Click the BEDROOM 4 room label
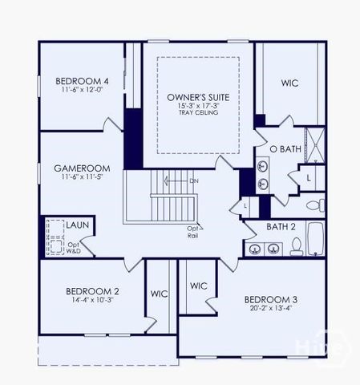point(82,81)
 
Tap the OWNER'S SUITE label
point(198,96)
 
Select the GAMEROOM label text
point(82,168)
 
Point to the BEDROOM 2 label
point(93,290)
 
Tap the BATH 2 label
point(281,227)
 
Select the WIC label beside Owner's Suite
point(290,83)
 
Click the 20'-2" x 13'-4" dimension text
point(271,309)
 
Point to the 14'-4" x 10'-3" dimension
point(93,300)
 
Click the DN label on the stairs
point(193,181)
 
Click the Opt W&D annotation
point(74,248)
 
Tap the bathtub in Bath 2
point(314,238)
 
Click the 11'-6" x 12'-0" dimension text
point(82,91)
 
